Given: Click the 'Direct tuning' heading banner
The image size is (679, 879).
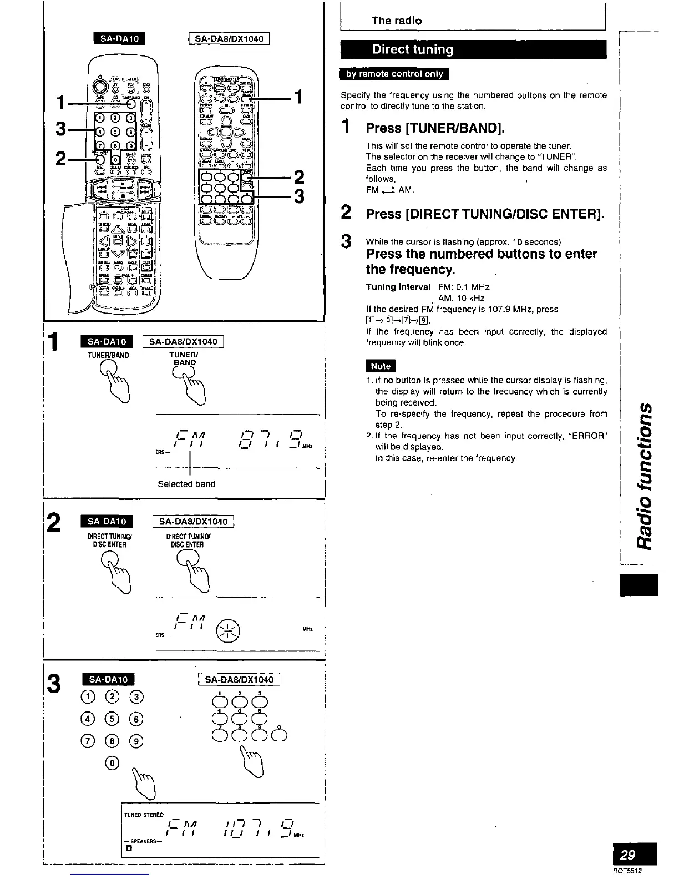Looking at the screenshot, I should click(x=413, y=49).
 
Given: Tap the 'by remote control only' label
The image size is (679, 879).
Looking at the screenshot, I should click(x=394, y=74).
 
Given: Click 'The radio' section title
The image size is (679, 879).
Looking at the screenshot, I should click(x=396, y=21).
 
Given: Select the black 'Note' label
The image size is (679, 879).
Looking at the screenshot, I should click(x=381, y=366).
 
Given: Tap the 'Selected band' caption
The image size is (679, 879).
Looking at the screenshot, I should click(x=186, y=484).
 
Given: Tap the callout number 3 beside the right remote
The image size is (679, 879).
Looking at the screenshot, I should click(x=300, y=197).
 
